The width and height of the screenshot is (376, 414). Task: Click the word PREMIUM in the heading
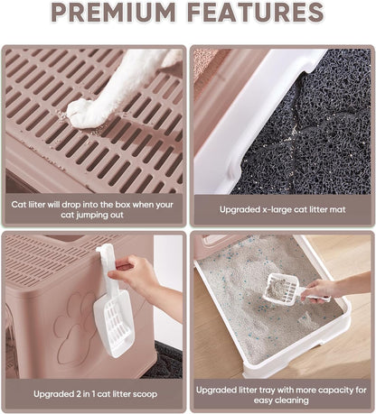(114, 13)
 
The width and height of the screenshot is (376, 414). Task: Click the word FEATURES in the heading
(256, 13)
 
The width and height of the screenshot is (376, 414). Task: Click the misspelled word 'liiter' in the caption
(36, 205)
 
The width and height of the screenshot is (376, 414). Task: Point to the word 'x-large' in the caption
(276, 209)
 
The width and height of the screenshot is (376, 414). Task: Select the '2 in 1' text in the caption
(82, 394)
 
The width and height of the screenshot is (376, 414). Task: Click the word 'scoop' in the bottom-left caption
(146, 394)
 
